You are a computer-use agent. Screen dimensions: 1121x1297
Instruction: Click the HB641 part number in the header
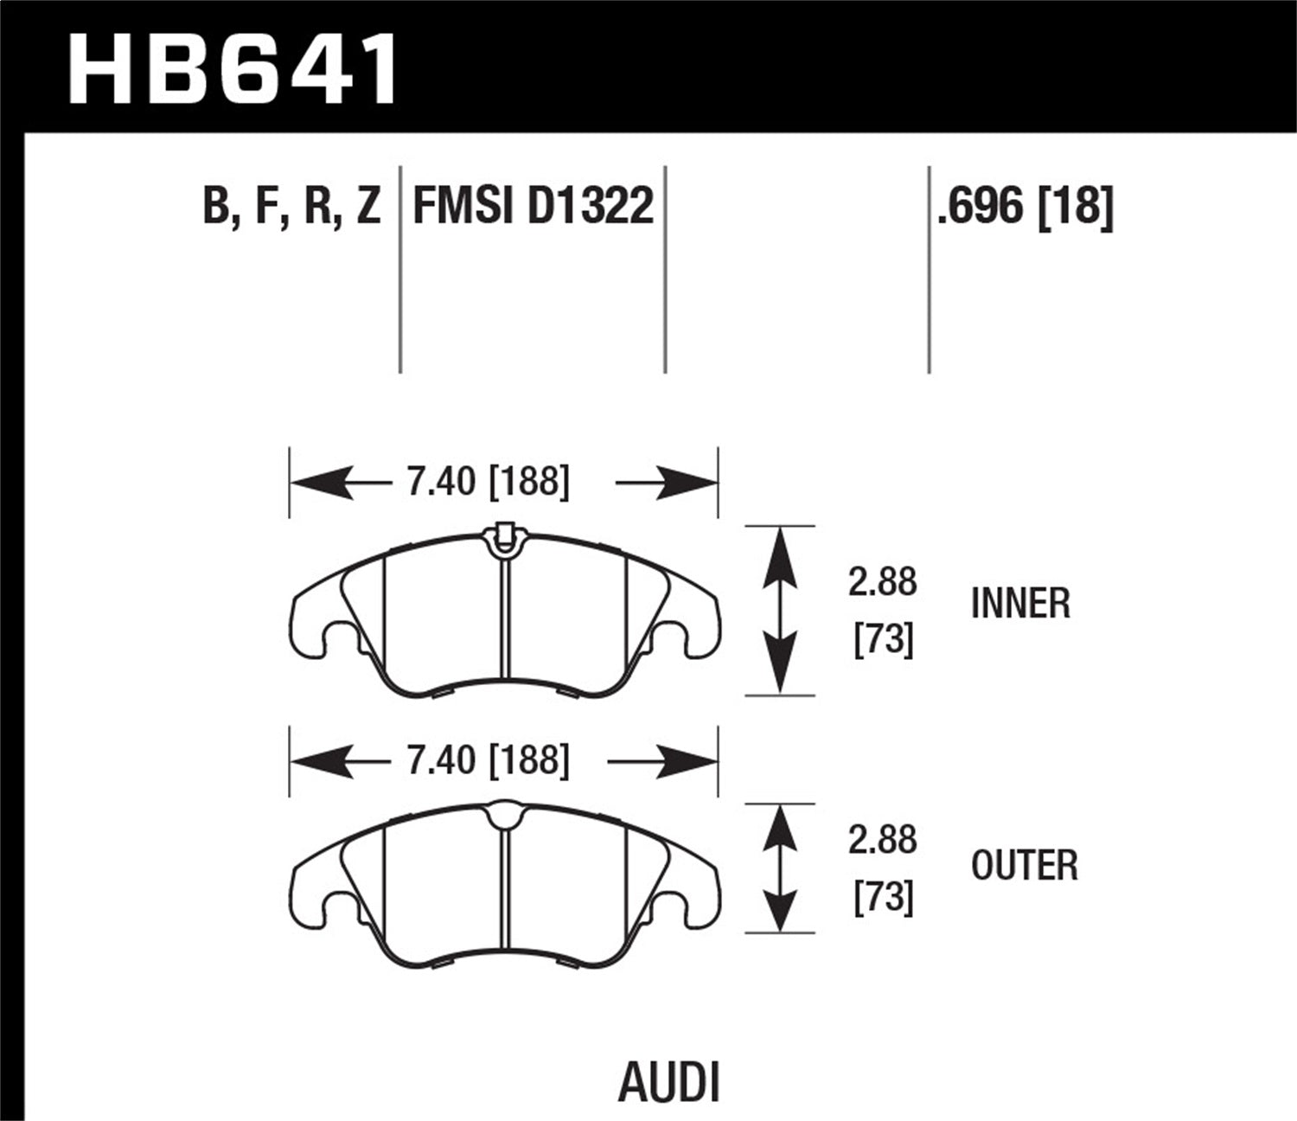(x=233, y=69)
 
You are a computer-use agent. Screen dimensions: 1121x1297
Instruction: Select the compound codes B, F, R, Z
(x=291, y=207)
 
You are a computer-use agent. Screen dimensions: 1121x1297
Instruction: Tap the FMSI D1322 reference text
(x=533, y=207)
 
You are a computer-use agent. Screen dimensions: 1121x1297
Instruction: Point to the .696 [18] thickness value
(x=1025, y=207)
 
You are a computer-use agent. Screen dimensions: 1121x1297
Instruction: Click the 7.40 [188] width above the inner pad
(x=488, y=482)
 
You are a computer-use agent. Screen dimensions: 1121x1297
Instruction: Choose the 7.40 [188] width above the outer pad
(x=488, y=760)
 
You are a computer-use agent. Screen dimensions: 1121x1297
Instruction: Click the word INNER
(x=1020, y=603)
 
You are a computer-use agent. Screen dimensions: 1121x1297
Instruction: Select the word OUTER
(x=1025, y=865)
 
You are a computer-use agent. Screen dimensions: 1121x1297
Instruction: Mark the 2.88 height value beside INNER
(x=882, y=583)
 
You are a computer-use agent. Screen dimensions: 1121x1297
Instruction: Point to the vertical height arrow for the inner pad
(x=781, y=610)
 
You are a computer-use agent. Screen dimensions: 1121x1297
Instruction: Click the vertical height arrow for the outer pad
(x=781, y=868)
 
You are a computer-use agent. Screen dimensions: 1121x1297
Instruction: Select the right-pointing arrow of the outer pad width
(x=666, y=761)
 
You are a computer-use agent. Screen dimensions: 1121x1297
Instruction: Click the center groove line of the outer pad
(x=503, y=891)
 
